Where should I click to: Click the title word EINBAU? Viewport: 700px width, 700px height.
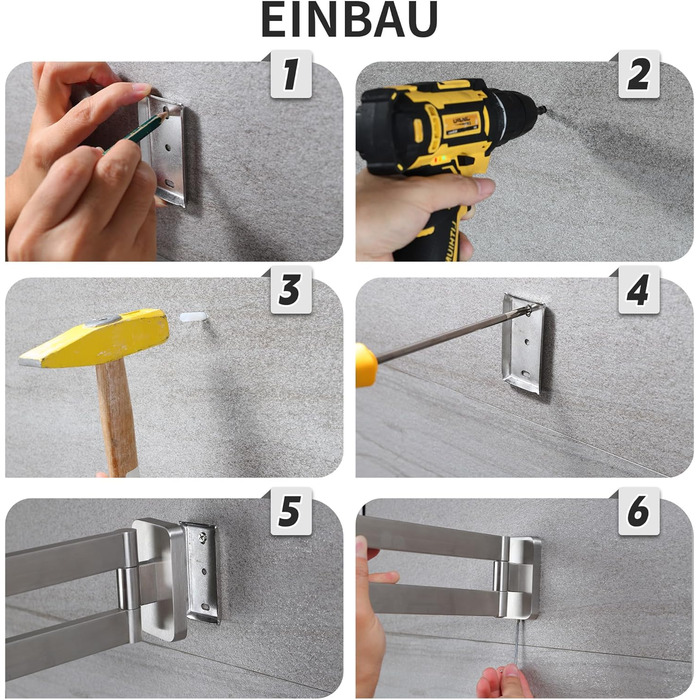pos(349,20)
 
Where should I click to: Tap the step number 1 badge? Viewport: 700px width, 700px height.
pos(291,75)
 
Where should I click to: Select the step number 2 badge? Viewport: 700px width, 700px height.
pos(638,75)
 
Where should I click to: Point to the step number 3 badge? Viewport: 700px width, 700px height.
pos(291,290)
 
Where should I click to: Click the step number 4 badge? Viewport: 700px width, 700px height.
pos(638,290)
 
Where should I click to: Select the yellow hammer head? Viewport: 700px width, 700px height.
pos(95,337)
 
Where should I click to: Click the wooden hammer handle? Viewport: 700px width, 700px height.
pos(117,417)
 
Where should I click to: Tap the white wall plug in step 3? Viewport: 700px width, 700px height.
pos(193,318)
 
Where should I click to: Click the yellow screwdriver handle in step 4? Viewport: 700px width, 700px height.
pos(366,365)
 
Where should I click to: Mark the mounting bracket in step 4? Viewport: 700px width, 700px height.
pos(523,344)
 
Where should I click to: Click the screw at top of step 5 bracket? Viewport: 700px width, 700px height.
pos(204,537)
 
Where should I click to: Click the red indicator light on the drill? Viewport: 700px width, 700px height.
pos(436,159)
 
